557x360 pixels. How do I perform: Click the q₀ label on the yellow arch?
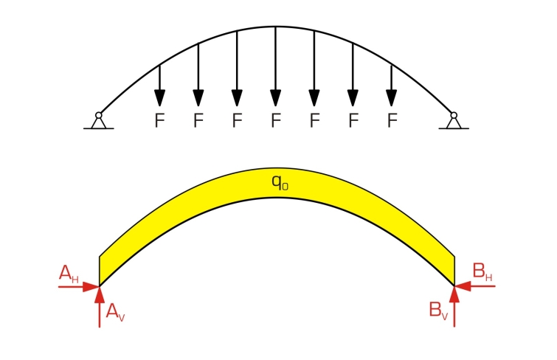pos(280,182)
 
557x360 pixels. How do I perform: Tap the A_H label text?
pos(69,274)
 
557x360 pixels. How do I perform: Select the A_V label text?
pos(115,312)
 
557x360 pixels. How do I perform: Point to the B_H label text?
pos(482,272)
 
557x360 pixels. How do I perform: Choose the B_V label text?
pos(438,311)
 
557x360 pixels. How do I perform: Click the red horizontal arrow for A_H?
pos(79,286)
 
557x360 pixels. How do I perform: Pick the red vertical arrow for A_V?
pos(100,307)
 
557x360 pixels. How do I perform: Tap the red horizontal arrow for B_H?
pos(475,285)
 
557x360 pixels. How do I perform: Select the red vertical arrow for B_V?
pos(454,306)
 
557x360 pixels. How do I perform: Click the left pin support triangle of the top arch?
pos(99,123)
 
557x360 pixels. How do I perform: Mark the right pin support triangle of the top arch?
pos(454,123)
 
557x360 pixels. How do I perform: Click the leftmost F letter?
pos(160,120)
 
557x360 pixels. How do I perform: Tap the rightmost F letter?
pos(392,120)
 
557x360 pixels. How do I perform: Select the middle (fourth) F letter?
pos(276,120)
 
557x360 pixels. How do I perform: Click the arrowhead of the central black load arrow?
pos(276,98)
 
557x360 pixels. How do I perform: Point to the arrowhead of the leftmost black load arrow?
pos(160,98)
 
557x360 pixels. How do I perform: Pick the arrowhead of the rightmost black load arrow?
pos(392,98)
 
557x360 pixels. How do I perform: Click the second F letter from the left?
pos(198,120)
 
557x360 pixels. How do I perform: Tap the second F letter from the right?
pos(353,120)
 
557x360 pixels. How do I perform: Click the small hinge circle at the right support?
pos(454,115)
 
